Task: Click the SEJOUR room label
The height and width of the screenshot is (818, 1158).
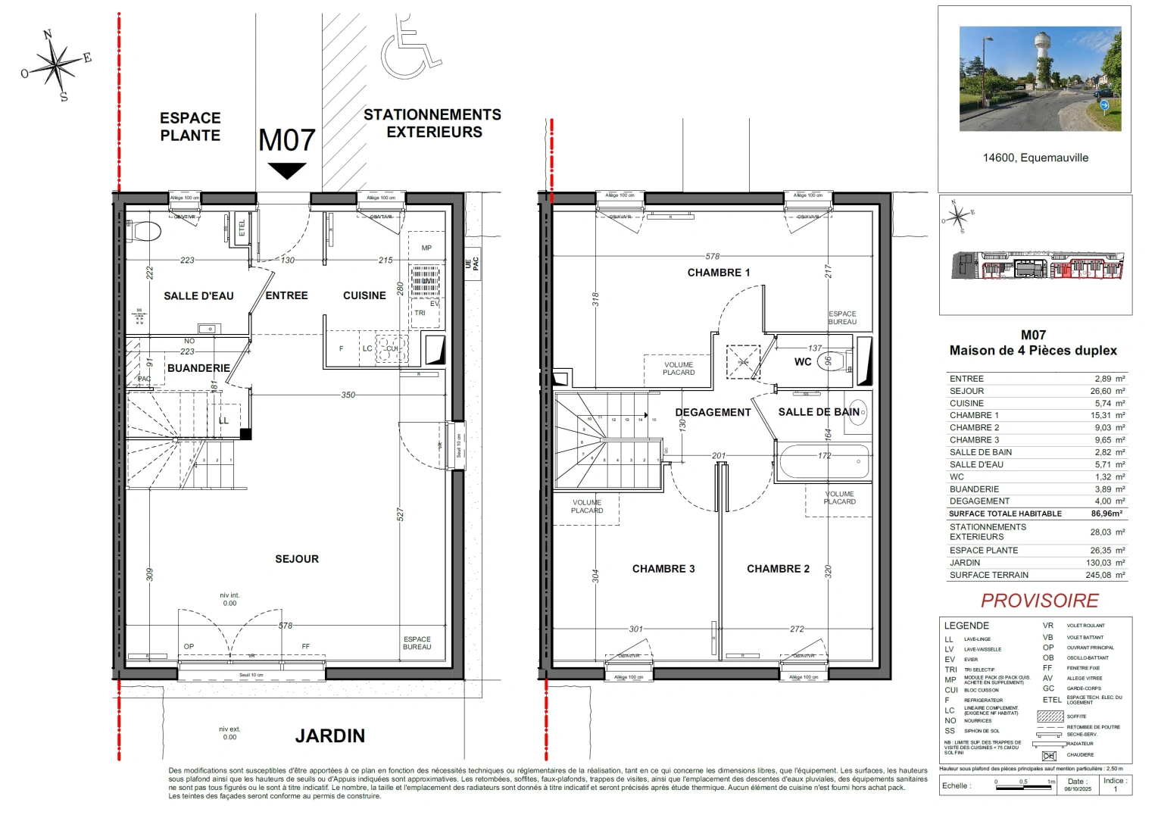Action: pyautogui.click(x=297, y=559)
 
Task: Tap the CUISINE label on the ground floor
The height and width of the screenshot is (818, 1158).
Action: pyautogui.click(x=364, y=295)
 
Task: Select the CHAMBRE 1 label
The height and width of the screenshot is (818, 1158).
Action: pyautogui.click(x=718, y=273)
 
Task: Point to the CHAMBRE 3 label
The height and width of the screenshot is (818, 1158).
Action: pyautogui.click(x=663, y=569)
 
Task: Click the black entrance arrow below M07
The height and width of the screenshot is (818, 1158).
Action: pyautogui.click(x=287, y=171)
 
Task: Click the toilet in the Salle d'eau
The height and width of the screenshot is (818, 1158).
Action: pyautogui.click(x=145, y=230)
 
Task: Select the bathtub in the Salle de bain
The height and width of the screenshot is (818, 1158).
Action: pyautogui.click(x=822, y=461)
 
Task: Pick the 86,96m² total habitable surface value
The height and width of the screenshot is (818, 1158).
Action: pyautogui.click(x=1106, y=514)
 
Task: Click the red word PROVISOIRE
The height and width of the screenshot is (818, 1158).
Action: pyautogui.click(x=1039, y=601)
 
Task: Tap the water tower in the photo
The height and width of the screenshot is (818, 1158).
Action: pyautogui.click(x=1046, y=57)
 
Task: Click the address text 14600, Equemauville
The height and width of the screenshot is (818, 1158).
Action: pyautogui.click(x=1035, y=158)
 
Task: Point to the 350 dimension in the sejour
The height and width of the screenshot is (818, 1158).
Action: pyautogui.click(x=348, y=395)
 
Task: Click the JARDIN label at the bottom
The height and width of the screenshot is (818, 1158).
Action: pyautogui.click(x=329, y=735)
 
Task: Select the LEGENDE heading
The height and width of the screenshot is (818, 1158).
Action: pyautogui.click(x=966, y=626)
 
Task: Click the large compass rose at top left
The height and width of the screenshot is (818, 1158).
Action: pyautogui.click(x=56, y=64)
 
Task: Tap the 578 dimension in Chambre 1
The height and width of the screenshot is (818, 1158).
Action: pyautogui.click(x=712, y=256)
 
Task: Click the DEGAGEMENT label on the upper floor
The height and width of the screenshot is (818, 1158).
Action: pyautogui.click(x=713, y=412)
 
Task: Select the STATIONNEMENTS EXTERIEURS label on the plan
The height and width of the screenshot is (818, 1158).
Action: pyautogui.click(x=432, y=123)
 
